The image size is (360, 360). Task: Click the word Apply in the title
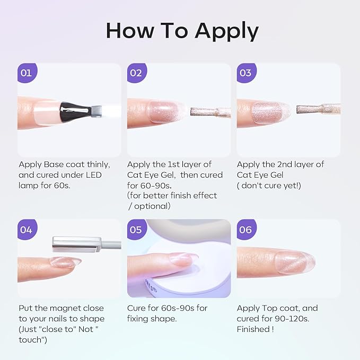[227, 31]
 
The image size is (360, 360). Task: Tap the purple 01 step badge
[27, 73]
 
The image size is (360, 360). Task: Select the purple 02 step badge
[137, 73]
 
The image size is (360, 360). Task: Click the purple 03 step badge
[247, 73]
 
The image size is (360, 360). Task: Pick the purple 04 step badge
[27, 230]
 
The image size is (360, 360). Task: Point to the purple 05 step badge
[137, 230]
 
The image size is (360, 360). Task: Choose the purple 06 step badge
[247, 230]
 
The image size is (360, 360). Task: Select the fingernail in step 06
[295, 262]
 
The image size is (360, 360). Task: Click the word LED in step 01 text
[94, 175]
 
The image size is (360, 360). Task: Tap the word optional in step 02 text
[152, 206]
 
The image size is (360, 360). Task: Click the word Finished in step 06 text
[253, 329]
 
